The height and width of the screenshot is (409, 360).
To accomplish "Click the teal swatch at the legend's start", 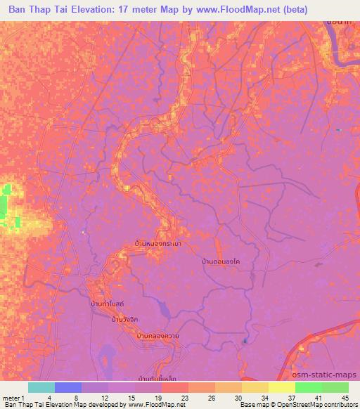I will (41, 387).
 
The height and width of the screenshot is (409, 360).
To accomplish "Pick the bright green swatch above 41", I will (308, 387).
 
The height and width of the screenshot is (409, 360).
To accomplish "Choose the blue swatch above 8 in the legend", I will (67, 387).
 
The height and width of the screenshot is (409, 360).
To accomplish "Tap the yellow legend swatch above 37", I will (281, 387).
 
